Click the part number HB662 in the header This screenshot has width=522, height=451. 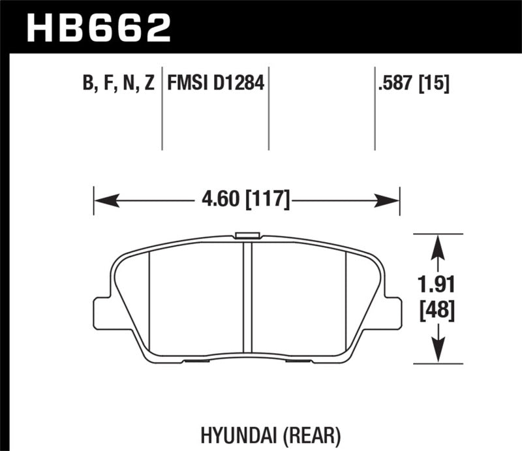[x=98, y=27]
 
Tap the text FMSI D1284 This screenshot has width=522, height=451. [x=215, y=84]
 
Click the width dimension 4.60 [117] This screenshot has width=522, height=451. [x=246, y=195]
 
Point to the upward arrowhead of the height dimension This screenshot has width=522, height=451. [x=439, y=244]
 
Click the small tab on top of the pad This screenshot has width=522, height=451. [x=247, y=236]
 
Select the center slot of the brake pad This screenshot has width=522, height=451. [x=247, y=297]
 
